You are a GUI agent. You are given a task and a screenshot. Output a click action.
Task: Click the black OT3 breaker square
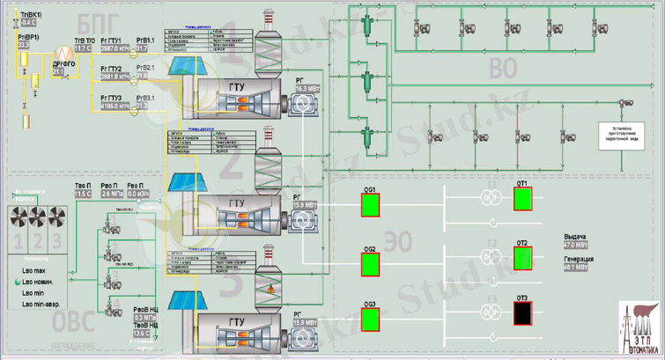522,312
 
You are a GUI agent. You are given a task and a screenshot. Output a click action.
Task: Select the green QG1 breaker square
371,204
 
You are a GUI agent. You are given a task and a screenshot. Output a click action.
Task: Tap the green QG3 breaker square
371,319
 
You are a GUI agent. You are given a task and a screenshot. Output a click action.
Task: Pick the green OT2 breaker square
522,257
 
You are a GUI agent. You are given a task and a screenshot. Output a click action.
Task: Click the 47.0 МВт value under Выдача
576,245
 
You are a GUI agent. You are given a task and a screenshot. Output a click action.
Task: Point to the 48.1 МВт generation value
576,267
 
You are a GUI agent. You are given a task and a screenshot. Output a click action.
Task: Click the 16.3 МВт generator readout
307,89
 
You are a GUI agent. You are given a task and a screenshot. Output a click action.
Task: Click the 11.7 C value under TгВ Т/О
83,48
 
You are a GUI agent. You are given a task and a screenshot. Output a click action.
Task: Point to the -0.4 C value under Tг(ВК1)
28,22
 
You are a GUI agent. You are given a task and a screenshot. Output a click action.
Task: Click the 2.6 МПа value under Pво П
112,194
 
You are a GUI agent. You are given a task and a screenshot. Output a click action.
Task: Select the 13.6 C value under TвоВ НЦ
141,334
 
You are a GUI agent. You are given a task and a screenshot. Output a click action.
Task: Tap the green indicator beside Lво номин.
17,282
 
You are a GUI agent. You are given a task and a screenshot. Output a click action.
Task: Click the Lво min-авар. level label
45,303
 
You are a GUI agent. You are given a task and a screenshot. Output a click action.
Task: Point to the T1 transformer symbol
490,199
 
